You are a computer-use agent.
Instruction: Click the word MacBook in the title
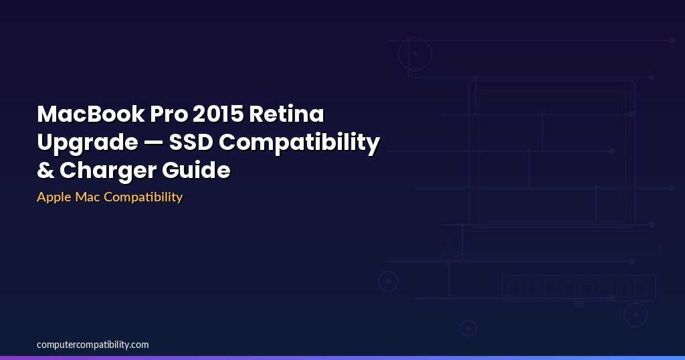[x=91, y=114]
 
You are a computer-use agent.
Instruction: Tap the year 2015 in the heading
[x=218, y=114]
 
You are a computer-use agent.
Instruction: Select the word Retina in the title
[x=286, y=114]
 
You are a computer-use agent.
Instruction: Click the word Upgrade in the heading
[x=88, y=143]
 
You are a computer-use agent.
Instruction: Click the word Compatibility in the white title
[x=299, y=143]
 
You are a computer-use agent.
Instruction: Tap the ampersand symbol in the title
[x=45, y=170]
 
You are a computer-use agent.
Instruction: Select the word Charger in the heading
[x=108, y=171]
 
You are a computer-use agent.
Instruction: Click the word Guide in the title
[x=196, y=170]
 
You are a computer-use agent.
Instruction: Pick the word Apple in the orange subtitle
[x=54, y=197]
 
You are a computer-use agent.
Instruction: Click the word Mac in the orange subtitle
[x=88, y=197]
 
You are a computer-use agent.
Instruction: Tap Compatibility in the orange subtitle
[x=143, y=197]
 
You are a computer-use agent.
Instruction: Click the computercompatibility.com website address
[x=92, y=345]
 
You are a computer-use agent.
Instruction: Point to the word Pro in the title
[x=169, y=114]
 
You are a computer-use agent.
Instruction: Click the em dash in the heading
[x=153, y=143]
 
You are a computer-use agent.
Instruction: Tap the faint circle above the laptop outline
[x=399, y=54]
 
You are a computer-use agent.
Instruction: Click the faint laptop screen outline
[x=470, y=153]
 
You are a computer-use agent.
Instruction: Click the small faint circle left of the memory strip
[x=379, y=282]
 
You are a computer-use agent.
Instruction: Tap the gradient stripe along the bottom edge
[x=342, y=358]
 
